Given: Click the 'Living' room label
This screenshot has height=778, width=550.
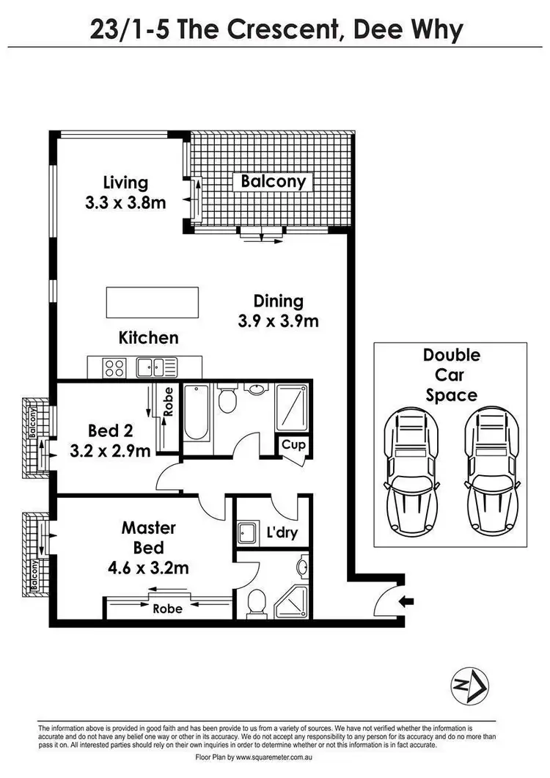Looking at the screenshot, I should pyautogui.click(x=125, y=182).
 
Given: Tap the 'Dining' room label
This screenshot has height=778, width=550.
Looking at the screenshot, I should pyautogui.click(x=278, y=301).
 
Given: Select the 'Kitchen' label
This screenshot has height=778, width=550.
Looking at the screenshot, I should pyautogui.click(x=149, y=337).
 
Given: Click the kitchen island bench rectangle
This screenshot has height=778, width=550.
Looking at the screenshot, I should pyautogui.click(x=152, y=300).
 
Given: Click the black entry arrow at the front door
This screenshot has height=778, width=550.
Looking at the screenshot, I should pyautogui.click(x=407, y=602).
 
